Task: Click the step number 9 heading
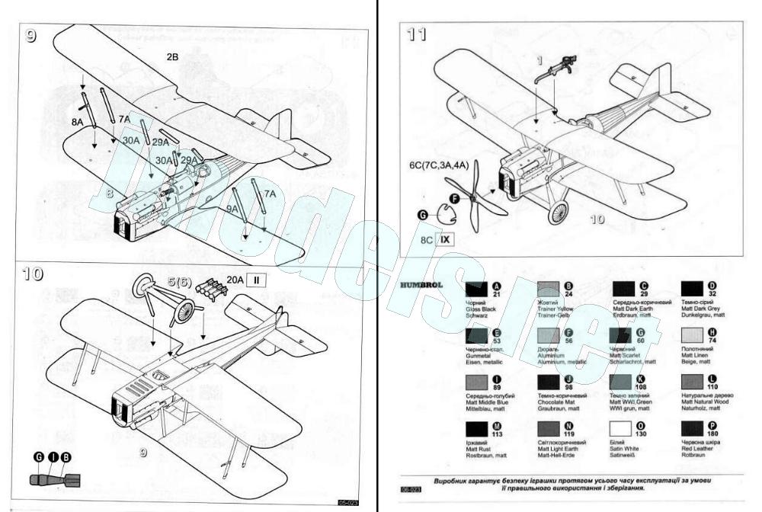click(x=30, y=36)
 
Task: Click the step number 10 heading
click(x=34, y=274)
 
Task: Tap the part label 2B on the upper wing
click(x=172, y=56)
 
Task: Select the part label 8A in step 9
click(x=77, y=121)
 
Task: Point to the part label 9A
click(x=232, y=208)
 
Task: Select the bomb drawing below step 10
click(x=51, y=481)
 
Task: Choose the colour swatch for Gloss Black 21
click(x=477, y=290)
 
